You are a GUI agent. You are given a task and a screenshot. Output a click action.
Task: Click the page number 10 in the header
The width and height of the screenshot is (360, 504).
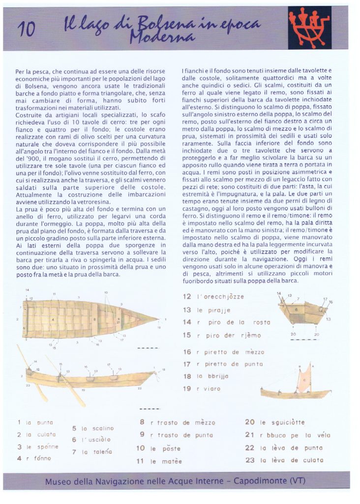tap(26, 30)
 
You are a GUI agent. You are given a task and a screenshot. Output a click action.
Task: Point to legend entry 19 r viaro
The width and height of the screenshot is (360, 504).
tap(202, 389)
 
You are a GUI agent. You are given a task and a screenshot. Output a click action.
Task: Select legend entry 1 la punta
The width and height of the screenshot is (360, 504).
tap(35, 422)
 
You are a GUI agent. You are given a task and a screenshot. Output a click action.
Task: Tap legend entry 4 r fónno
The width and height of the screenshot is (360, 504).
tap(34, 458)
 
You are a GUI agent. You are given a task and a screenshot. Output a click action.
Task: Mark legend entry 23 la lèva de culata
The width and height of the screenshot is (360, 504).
tap(284, 460)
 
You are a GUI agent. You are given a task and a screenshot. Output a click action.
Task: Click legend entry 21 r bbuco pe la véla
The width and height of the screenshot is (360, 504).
tap(288, 435)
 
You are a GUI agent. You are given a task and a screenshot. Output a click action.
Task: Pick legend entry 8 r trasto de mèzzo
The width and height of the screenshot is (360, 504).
tap(178, 422)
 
